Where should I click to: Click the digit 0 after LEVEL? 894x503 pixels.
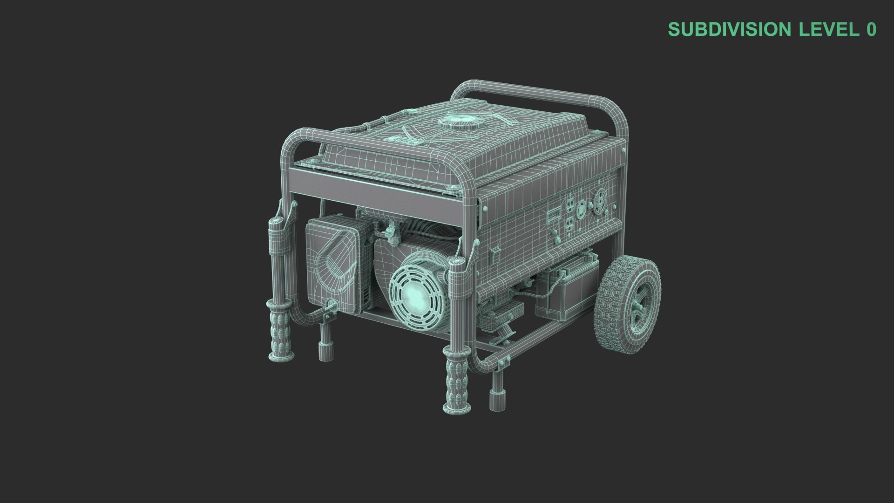tap(871, 29)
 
